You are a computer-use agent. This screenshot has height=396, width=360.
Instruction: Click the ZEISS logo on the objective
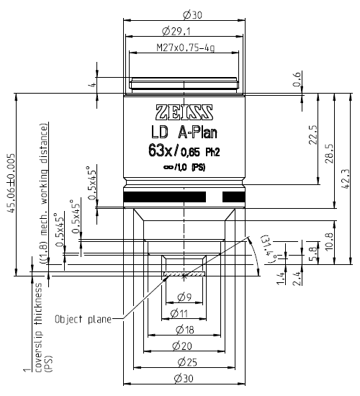(184, 112)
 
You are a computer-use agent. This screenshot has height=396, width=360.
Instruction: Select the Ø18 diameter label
(184, 330)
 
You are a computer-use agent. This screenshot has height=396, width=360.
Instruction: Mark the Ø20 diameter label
(184, 347)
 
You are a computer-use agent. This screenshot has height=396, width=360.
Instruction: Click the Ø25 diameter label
(184, 364)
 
